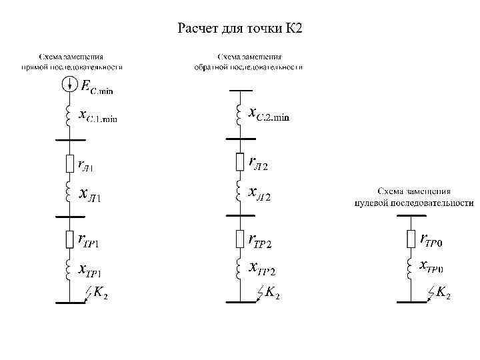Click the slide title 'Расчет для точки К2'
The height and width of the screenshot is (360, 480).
(240, 29)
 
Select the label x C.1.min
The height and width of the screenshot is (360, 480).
(98, 117)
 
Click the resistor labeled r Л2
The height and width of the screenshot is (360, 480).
(240, 161)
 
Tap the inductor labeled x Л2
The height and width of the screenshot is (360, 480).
(238, 193)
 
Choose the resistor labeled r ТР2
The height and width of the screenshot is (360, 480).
(240, 238)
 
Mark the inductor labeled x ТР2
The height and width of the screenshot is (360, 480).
(238, 267)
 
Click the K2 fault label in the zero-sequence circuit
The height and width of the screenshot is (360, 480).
(442, 292)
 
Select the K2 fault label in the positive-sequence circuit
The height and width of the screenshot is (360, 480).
(101, 292)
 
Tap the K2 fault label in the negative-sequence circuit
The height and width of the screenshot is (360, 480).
(271, 292)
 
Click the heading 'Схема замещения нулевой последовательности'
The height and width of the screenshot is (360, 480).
(414, 196)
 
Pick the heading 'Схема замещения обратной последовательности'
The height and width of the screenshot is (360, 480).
(248, 62)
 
